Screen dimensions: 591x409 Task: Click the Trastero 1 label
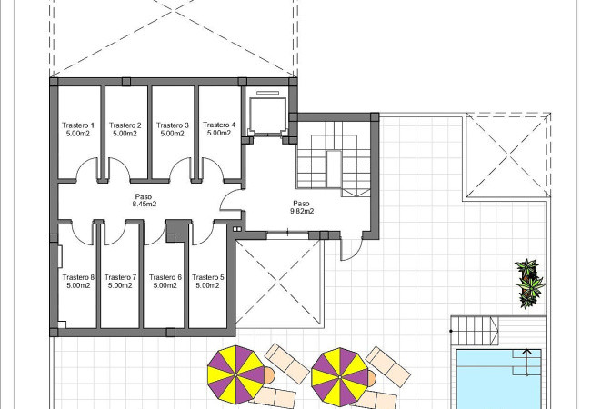click(x=78, y=125)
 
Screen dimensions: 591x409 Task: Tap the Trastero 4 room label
click(x=219, y=125)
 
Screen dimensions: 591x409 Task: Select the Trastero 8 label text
click(x=78, y=277)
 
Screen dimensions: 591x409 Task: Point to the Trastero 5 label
click(x=207, y=277)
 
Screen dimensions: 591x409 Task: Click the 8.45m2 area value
click(x=144, y=204)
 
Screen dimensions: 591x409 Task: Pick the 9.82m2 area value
click(x=302, y=211)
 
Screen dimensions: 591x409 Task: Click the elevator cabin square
click(x=267, y=115)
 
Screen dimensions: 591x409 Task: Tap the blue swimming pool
click(x=498, y=379)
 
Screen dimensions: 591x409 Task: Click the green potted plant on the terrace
click(x=529, y=283)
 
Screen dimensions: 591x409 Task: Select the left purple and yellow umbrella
click(x=236, y=375)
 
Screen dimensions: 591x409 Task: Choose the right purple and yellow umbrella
click(x=340, y=377)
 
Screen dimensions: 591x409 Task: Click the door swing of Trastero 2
click(x=118, y=165)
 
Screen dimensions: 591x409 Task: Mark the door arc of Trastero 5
click(x=203, y=234)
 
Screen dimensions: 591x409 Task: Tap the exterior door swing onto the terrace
click(x=351, y=250)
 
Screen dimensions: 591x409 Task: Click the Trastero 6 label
click(x=165, y=277)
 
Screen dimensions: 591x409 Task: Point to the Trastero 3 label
click(x=172, y=125)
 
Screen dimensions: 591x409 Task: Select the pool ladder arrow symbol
click(x=526, y=363)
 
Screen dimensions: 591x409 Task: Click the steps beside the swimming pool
click(x=474, y=331)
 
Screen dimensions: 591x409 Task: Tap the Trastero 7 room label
click(x=120, y=277)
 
